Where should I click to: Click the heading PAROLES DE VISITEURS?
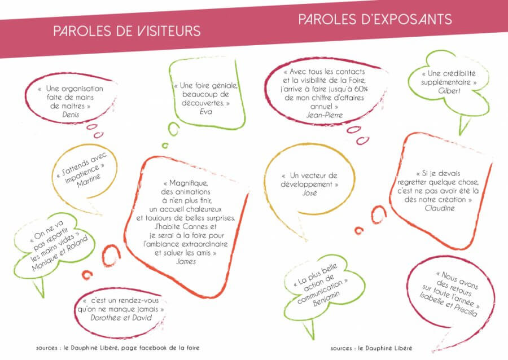click(127, 31)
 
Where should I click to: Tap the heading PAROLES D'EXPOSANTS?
click(375, 19)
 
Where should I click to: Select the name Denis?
click(71, 115)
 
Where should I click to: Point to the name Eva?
click(206, 112)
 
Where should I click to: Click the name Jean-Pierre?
click(325, 115)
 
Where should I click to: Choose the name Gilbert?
click(449, 91)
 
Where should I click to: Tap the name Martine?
click(89, 181)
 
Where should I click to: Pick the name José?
click(310, 193)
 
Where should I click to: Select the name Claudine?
click(440, 208)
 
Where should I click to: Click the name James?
click(186, 262)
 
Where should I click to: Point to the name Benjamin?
click(326, 298)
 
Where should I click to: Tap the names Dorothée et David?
click(121, 318)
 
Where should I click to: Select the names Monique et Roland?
click(60, 253)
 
